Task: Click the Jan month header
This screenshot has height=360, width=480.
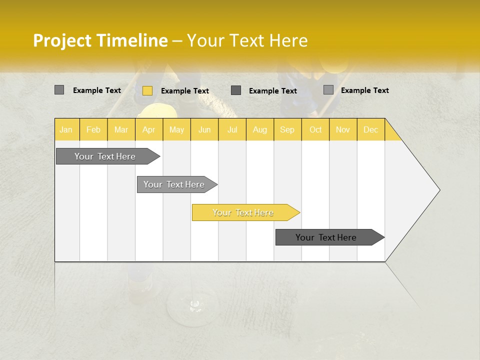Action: click(66, 129)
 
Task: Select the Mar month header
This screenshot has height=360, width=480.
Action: click(121, 129)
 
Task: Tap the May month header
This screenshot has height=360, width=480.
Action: click(176, 129)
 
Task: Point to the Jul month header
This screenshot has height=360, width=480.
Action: click(232, 129)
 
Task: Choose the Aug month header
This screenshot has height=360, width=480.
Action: click(259, 129)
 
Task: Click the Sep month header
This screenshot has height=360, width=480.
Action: click(287, 129)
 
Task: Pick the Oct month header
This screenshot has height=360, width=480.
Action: click(315, 129)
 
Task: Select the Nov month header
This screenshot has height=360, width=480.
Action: click(343, 129)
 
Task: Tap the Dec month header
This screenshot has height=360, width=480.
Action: click(370, 129)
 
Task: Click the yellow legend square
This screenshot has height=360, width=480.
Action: click(147, 90)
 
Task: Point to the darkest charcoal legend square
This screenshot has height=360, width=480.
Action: click(236, 90)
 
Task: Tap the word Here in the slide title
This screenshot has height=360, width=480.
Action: click(288, 40)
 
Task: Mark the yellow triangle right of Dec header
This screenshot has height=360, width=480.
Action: click(391, 133)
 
